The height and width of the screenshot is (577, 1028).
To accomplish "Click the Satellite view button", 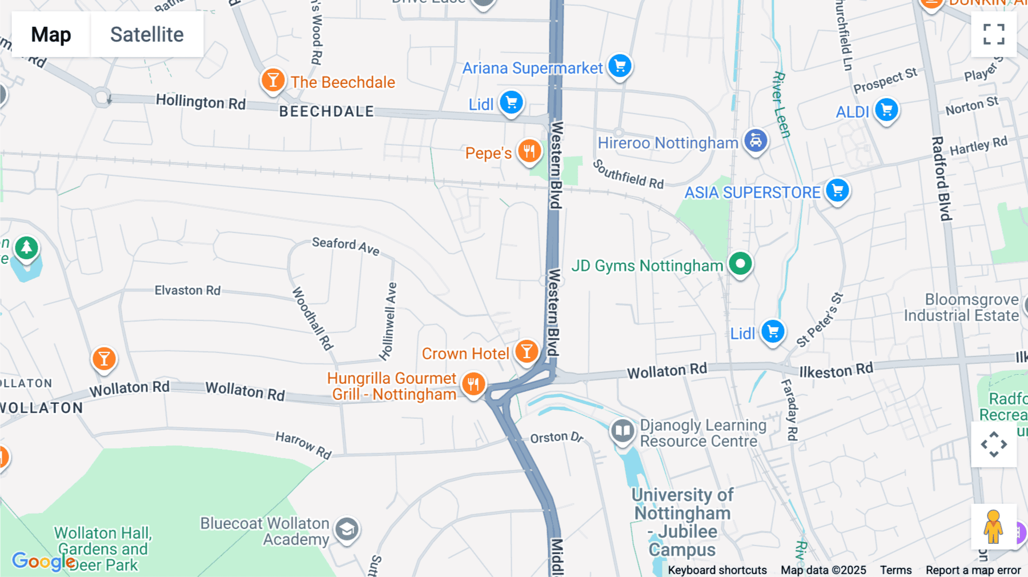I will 147,35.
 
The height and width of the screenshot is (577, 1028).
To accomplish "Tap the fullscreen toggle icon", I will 994,34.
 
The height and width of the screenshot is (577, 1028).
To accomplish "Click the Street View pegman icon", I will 993,527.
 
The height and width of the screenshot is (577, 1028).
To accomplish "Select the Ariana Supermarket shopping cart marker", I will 620,66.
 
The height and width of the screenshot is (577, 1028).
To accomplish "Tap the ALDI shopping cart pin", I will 886,110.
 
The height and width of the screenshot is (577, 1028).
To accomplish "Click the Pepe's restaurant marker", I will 529,152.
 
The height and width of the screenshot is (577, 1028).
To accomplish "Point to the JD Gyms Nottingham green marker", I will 741,265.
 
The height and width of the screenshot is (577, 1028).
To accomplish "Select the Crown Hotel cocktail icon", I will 527,352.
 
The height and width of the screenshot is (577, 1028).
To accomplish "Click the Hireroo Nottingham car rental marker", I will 756,141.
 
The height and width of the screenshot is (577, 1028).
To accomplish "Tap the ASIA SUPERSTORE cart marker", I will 838,191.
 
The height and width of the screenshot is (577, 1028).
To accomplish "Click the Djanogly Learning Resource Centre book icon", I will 623,431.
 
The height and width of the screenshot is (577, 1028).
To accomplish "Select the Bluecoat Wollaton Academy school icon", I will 347,530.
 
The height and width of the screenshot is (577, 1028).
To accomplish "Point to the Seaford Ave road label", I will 346,246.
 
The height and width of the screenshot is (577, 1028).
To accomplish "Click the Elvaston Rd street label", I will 187,290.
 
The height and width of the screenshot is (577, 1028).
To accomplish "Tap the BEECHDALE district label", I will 327,111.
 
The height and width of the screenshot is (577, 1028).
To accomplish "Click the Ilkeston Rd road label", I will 836,371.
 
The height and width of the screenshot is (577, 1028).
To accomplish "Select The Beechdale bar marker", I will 273,81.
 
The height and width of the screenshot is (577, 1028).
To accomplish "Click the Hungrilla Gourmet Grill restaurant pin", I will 473,384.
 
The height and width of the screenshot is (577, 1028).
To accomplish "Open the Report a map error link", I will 973,570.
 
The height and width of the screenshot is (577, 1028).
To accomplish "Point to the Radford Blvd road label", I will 941,178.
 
